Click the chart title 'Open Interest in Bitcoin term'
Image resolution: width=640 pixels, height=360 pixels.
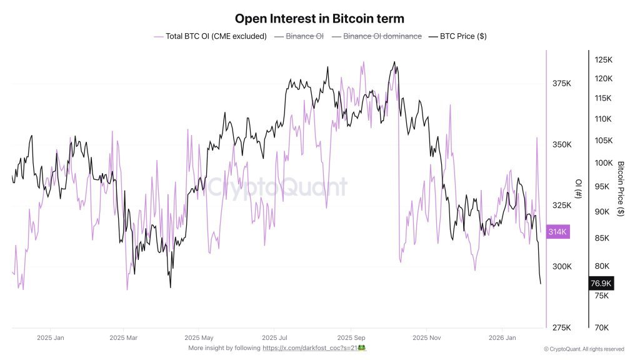click(x=319, y=19)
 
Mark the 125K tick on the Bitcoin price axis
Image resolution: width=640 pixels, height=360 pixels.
click(x=603, y=60)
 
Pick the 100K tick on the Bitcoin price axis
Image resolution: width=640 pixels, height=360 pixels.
click(x=603, y=163)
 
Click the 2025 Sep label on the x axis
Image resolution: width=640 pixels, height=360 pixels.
click(x=350, y=337)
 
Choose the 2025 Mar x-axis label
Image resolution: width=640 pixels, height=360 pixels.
click(x=123, y=337)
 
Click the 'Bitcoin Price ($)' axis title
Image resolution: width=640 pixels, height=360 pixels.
click(x=621, y=189)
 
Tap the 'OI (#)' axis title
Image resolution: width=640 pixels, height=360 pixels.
click(x=578, y=189)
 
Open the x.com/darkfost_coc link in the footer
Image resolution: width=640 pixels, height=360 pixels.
click(x=310, y=347)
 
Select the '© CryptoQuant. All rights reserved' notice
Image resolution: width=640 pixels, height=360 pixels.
click(x=584, y=349)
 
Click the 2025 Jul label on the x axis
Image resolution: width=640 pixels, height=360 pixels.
click(x=274, y=337)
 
